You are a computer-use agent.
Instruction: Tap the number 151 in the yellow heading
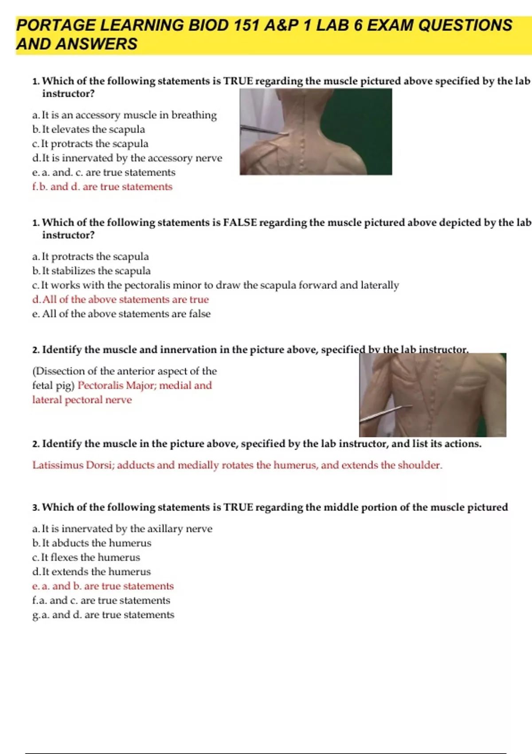coord(247,25)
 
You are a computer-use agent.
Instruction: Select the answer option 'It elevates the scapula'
coord(93,130)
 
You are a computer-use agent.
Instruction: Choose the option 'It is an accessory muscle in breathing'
coord(129,115)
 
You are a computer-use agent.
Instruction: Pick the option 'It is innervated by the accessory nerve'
coord(132,158)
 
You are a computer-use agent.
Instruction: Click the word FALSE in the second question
coord(240,222)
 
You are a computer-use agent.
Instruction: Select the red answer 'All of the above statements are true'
coord(125,300)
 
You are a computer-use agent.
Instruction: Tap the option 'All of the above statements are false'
coord(126,314)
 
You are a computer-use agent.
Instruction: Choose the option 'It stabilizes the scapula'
coord(96,271)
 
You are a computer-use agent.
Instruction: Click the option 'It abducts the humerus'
coord(96,543)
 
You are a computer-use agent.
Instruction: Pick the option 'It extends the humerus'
coord(96,572)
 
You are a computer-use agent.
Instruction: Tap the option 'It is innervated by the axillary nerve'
coord(127,529)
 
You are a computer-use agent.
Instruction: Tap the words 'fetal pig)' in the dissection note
coord(53,385)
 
